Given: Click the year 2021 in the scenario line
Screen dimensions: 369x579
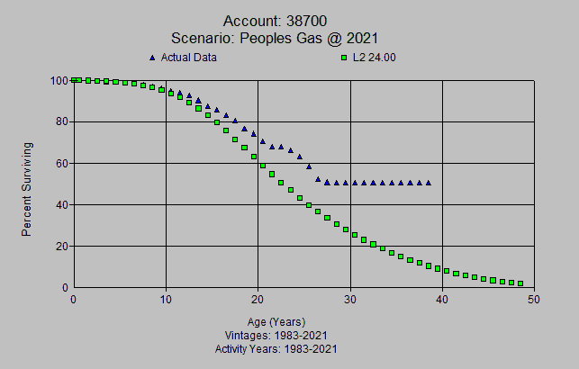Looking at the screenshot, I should click(x=359, y=38).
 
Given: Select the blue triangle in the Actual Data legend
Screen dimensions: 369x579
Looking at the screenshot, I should click(x=152, y=58).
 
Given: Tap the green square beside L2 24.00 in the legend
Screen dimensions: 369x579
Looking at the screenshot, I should click(x=344, y=58).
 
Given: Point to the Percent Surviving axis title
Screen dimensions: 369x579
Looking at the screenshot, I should click(x=27, y=188).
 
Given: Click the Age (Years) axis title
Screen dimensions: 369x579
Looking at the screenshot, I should click(x=276, y=321).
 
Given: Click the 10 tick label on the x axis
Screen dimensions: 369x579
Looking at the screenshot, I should click(x=166, y=300).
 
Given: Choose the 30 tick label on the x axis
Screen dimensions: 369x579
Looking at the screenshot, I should click(x=350, y=300).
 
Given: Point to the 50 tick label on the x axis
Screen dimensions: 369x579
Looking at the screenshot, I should click(x=534, y=300).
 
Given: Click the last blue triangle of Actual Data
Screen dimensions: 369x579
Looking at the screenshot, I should click(x=428, y=183).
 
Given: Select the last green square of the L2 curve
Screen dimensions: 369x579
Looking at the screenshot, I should click(x=520, y=283).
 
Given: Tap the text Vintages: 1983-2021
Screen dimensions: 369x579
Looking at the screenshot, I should click(x=276, y=335).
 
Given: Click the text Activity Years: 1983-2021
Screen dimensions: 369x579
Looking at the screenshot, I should click(x=276, y=348).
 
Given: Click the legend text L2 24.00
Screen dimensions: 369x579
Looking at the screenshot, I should click(x=375, y=58).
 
